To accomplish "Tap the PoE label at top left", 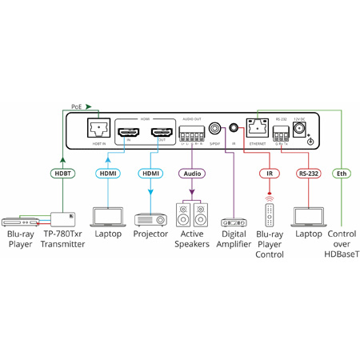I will [76, 106].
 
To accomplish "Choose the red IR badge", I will [268, 173].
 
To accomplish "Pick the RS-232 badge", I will [308, 173].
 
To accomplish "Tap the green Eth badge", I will [341, 173].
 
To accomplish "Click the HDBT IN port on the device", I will [100, 126].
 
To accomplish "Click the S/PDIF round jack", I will [215, 128].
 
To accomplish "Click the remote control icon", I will [270, 215].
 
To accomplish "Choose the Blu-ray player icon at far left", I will [21, 220].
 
